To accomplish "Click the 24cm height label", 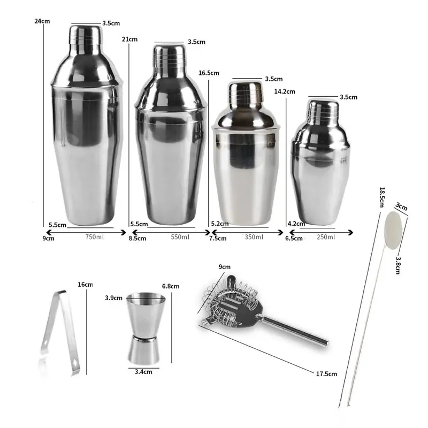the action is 42,21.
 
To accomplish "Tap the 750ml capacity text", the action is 95,237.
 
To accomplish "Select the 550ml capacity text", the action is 180,237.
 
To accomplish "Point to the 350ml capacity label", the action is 254,237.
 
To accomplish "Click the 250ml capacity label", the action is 326,237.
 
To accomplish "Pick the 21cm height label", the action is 129,39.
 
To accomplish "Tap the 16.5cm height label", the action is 209,73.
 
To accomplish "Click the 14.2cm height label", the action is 285,91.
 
